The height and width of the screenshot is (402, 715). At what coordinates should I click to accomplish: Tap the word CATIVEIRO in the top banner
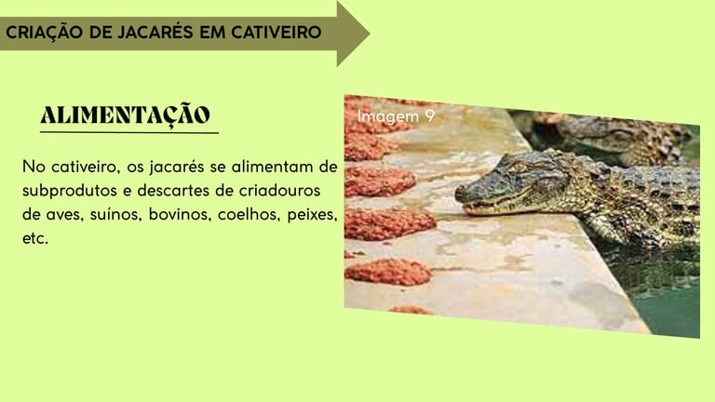pos(277,33)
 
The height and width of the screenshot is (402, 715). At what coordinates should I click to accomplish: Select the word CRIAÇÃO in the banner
pos(45,33)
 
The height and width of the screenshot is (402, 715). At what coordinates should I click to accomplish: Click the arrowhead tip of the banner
pos(369,33)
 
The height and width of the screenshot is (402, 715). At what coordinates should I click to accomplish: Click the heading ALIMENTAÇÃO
pos(126,114)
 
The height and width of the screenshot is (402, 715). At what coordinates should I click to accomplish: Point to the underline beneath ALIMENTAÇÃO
pos(129,133)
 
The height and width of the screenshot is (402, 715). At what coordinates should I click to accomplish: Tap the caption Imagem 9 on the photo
pos(396,116)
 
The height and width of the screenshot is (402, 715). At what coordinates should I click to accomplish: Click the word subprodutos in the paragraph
pos(70,191)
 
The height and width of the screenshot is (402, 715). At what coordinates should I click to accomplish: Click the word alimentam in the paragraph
pos(272,167)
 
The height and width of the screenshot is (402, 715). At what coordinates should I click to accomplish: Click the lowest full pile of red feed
pos(388,272)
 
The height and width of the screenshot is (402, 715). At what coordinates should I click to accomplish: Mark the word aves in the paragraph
pos(64,215)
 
